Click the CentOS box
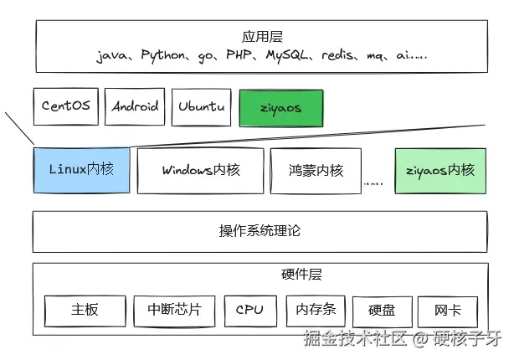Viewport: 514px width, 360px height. pos(66,107)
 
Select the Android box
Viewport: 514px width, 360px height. pos(136,107)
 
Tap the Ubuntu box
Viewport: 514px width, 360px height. pos(202,107)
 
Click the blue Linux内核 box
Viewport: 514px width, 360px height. pos(80,170)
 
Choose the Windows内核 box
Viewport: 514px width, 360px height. pos(201,170)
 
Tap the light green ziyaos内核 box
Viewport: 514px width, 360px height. pos(439,170)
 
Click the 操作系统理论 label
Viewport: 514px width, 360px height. pos(259,231)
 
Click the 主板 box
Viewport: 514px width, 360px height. pos(85,310)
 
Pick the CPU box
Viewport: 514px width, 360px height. pos(249,310)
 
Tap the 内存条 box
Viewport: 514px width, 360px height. pos(316,310)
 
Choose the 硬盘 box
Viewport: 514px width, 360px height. pos(382,310)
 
